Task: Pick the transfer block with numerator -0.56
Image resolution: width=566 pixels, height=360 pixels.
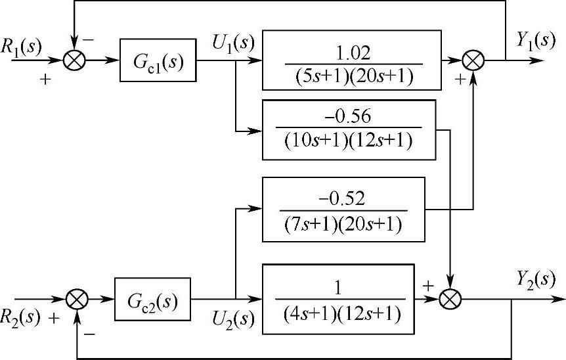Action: click(x=348, y=129)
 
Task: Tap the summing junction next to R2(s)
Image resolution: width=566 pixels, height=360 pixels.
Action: click(x=77, y=299)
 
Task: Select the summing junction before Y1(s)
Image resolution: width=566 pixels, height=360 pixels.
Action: click(x=472, y=60)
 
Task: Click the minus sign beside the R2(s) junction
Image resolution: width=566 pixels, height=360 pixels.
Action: click(x=90, y=334)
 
